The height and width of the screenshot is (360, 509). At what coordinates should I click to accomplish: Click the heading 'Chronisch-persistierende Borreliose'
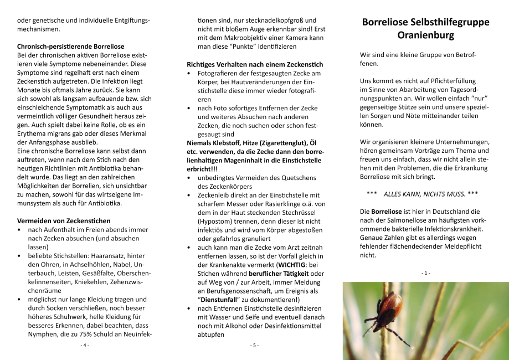[71, 47]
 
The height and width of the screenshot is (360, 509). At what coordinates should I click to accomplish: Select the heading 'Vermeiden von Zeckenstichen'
[64, 220]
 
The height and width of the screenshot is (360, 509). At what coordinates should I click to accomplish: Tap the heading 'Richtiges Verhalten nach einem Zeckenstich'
[255, 64]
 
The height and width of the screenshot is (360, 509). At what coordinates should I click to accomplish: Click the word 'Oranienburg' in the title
[425, 35]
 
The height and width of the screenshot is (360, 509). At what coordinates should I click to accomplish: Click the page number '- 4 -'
[85, 345]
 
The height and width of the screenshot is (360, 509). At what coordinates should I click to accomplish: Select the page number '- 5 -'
[254, 345]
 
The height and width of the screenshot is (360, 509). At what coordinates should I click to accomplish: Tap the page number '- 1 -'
[425, 273]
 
